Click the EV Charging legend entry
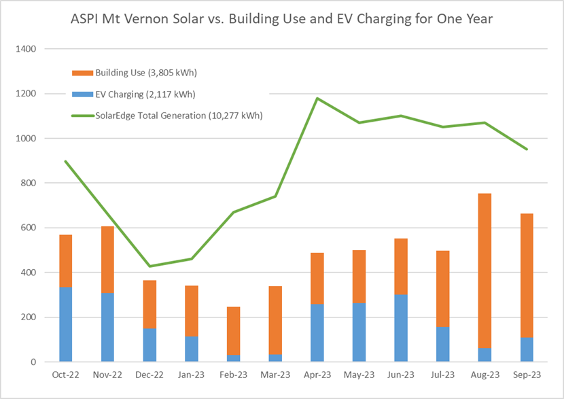[139, 94]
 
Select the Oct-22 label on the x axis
[65, 375]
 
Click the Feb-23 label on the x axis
[233, 375]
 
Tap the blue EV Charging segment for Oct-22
[65, 324]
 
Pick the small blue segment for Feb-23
[233, 358]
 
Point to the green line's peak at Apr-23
[317, 98]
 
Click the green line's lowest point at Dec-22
[149, 266]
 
